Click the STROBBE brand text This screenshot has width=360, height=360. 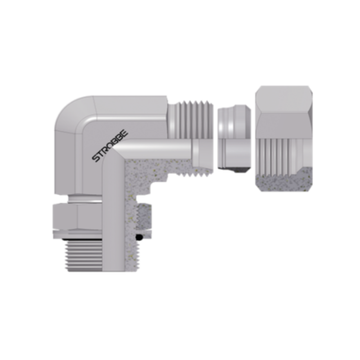point(110,146)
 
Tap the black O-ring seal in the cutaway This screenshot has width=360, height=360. point(139,237)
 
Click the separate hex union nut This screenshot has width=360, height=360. point(284,139)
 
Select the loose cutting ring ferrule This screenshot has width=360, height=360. point(234,139)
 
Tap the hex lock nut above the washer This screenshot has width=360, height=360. point(77,216)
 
